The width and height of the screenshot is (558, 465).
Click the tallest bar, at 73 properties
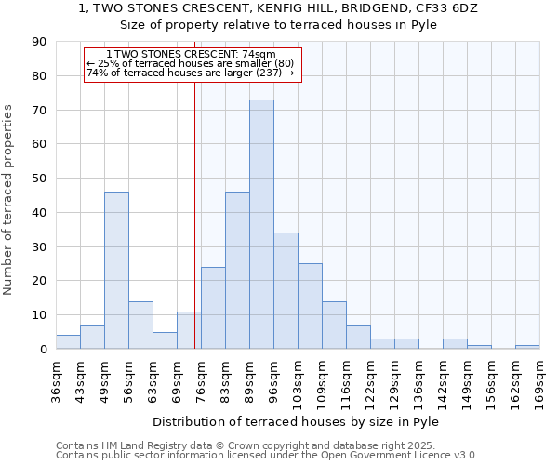[261, 224]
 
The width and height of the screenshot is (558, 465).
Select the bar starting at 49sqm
[116, 270]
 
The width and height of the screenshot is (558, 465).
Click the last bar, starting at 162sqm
[527, 347]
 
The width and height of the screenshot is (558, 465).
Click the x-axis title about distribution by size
[297, 421]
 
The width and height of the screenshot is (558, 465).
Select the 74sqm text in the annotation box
[259, 55]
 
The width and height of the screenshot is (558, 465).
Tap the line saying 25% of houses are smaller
[190, 63]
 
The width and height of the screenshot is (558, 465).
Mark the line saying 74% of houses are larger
[190, 73]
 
